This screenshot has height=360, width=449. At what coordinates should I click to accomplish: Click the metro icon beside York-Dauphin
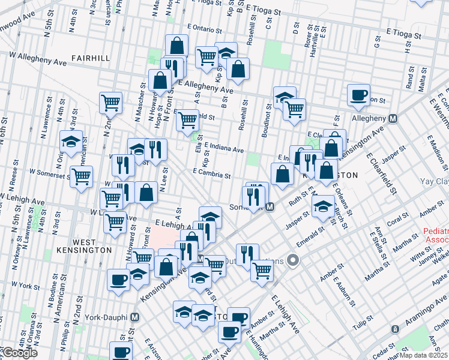tap(135, 317)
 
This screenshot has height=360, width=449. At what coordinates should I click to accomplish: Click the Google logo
tap(19, 353)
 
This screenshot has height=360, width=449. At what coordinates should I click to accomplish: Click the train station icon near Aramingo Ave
tap(395, 329)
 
